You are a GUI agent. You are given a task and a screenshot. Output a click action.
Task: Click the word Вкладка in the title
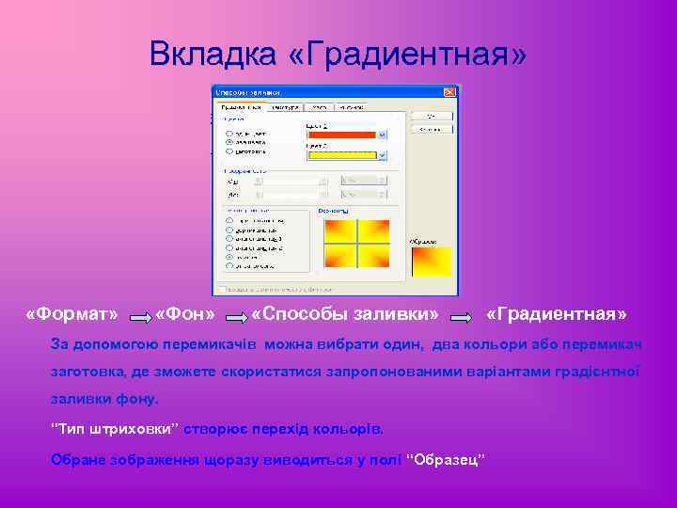click(x=213, y=54)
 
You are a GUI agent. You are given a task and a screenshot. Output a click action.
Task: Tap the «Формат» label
click(x=72, y=312)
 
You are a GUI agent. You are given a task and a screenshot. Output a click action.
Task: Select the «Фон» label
click(x=185, y=312)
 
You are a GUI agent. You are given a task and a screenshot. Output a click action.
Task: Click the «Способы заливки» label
click(x=345, y=312)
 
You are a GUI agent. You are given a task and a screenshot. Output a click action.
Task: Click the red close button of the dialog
click(x=449, y=92)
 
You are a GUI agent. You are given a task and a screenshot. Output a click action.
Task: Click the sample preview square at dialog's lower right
click(x=431, y=262)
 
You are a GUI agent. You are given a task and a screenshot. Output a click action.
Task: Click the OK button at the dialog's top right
click(x=432, y=115)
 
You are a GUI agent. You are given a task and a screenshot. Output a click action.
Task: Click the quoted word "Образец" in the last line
click(x=449, y=459)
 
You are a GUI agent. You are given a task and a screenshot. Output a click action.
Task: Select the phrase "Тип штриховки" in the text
click(x=113, y=429)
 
